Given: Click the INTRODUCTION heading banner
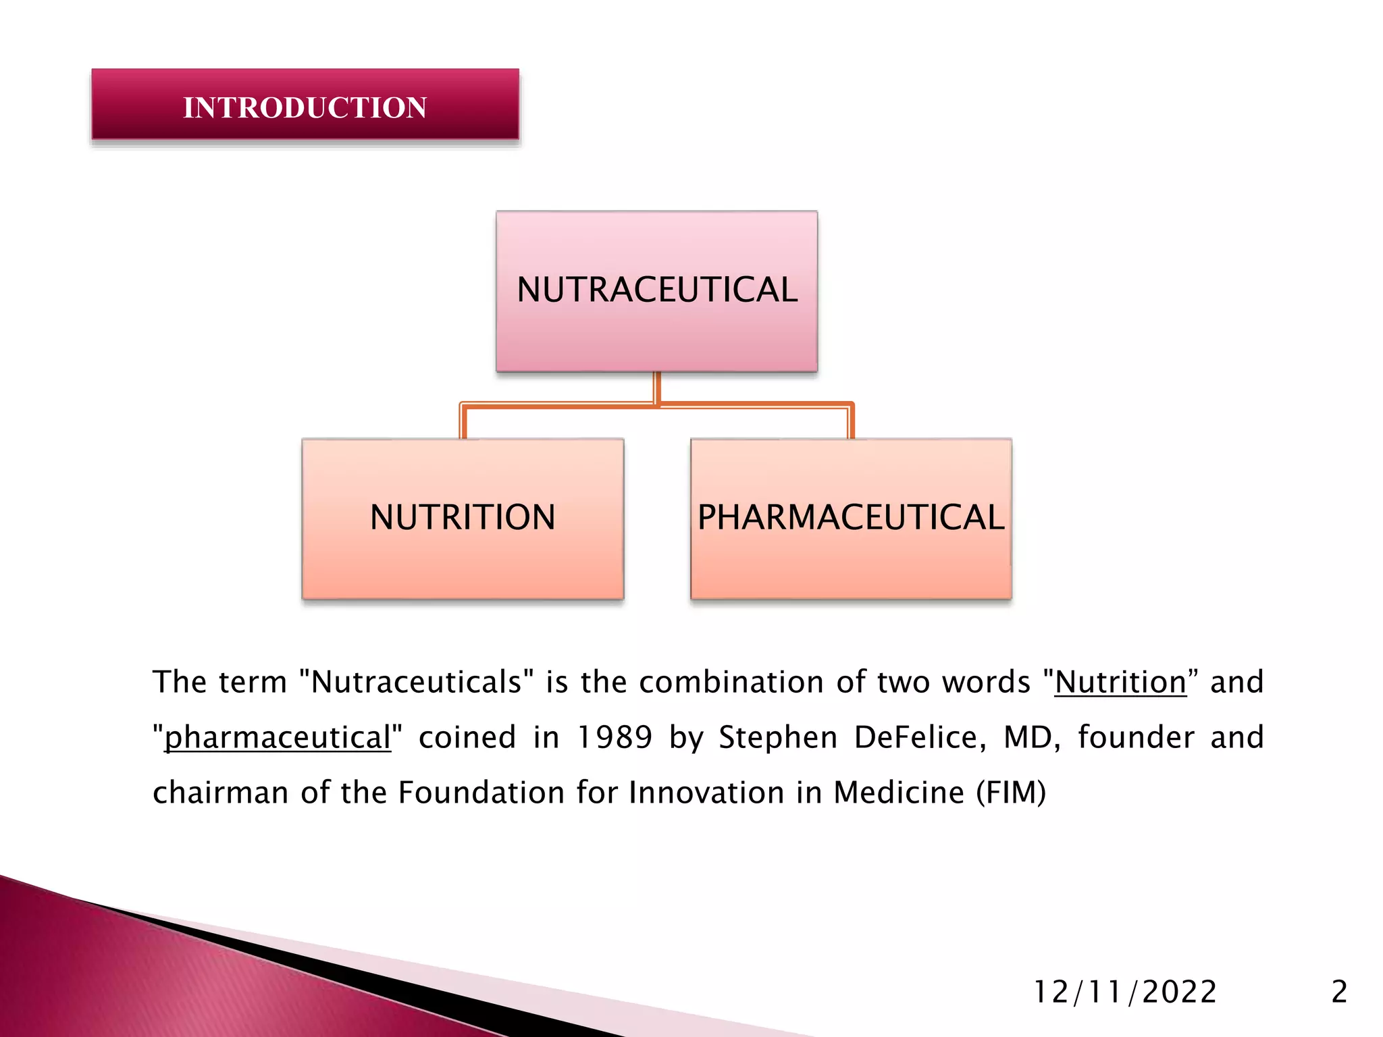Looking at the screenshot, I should pyautogui.click(x=305, y=106).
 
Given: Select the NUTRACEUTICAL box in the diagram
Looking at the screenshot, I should pyautogui.click(x=656, y=290).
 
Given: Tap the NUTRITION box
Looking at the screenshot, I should pyautogui.click(x=463, y=518).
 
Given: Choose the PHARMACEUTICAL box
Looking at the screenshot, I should pyautogui.click(x=851, y=518).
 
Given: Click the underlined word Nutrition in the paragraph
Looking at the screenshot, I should pyautogui.click(x=1120, y=683).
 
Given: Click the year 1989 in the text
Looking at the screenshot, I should pyautogui.click(x=615, y=737).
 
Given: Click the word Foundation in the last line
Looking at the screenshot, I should pyautogui.click(x=481, y=793).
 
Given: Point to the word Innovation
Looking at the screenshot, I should pyautogui.click(x=706, y=793).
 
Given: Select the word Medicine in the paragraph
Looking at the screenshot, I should pyautogui.click(x=899, y=793).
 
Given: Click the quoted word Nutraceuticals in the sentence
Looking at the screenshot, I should pyautogui.click(x=417, y=683).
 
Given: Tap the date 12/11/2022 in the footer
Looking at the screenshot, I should pyautogui.click(x=1125, y=992).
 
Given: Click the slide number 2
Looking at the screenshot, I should pyautogui.click(x=1339, y=992).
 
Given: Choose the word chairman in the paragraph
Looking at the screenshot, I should pyautogui.click(x=221, y=793).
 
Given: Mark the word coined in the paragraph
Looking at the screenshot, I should pyautogui.click(x=467, y=737).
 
